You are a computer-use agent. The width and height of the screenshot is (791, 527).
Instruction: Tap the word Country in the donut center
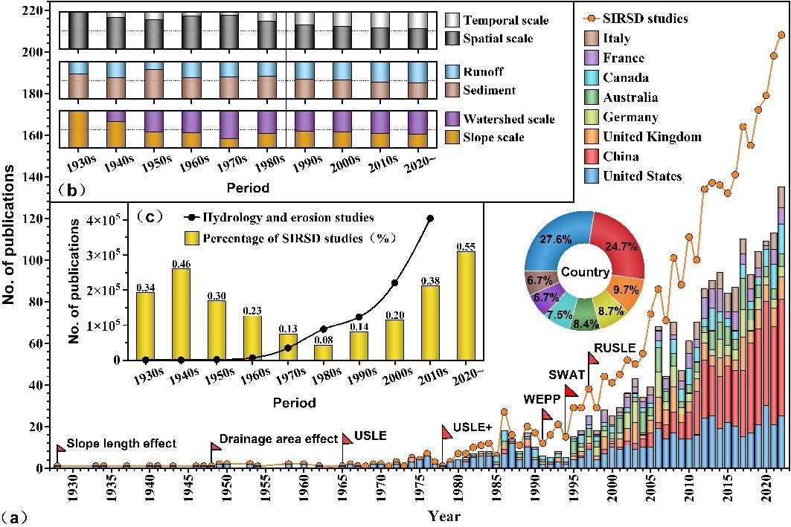click(586, 272)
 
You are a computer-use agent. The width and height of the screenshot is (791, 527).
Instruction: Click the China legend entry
click(621, 156)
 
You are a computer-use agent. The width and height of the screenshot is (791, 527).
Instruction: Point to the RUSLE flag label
click(615, 347)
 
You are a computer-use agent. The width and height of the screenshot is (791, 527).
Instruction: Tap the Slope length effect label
click(121, 444)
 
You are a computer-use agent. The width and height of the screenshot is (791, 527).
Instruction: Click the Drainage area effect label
click(279, 439)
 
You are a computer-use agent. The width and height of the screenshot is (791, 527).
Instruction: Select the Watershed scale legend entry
click(509, 118)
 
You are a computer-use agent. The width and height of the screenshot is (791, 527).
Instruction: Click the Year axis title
click(444, 515)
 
